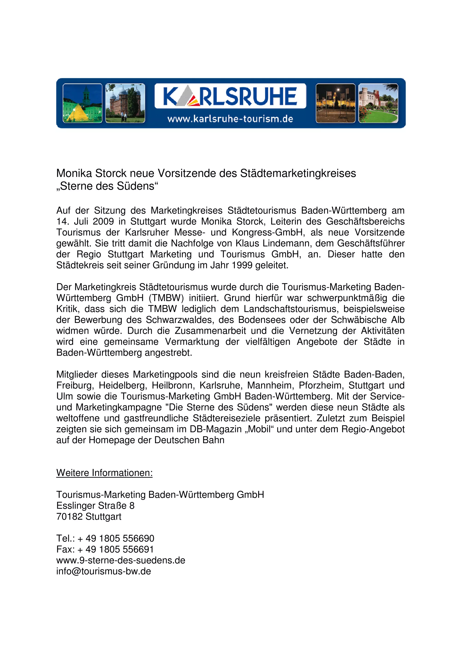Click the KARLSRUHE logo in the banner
tap(230, 96)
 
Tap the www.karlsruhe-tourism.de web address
tap(230, 119)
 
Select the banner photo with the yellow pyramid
tap(83, 103)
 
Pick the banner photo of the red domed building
tap(125, 103)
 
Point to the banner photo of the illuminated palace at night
tap(335, 103)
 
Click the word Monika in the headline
tap(74, 174)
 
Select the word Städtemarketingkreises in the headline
tap(298, 174)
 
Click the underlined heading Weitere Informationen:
tap(104, 473)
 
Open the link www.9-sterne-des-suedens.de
tap(121, 560)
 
